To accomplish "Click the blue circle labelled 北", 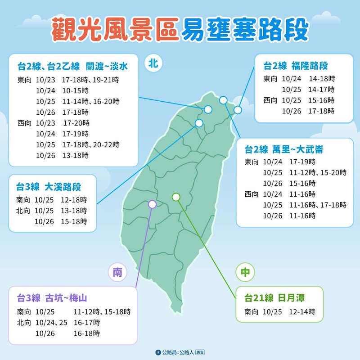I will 153,64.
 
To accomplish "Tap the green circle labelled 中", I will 245,273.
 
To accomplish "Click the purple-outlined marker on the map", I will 152,204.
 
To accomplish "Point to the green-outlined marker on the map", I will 176,197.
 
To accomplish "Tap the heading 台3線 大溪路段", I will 49,186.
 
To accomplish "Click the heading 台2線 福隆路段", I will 296,67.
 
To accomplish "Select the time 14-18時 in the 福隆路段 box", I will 322,78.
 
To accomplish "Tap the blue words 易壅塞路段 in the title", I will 245,30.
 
